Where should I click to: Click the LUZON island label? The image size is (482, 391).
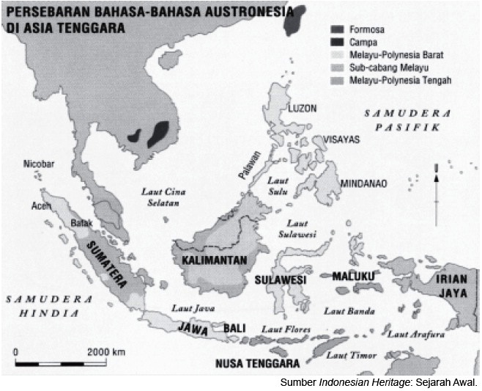pos(303,108)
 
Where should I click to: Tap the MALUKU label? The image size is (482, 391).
pos(354,276)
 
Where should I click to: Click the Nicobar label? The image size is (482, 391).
pos(38,164)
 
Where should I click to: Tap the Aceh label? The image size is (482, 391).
pos(40,207)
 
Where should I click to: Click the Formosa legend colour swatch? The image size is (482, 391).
pos(337,30)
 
